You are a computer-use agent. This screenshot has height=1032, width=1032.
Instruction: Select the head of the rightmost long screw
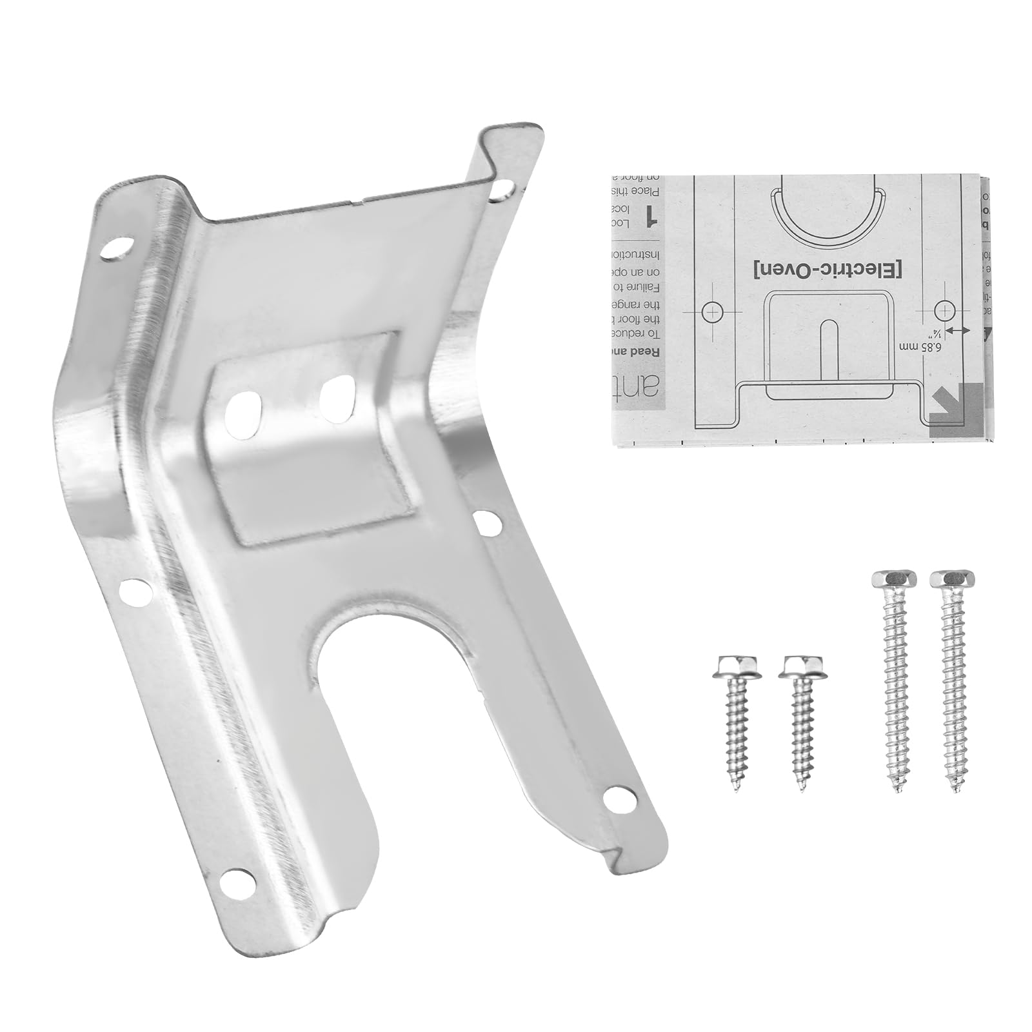pos(952,579)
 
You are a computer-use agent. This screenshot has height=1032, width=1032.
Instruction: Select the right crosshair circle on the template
pos(944,311)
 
